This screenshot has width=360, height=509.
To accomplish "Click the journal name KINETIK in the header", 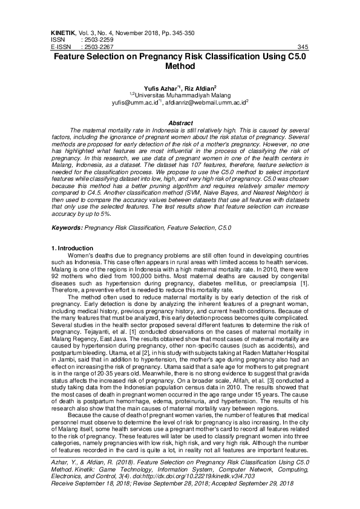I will (x=61, y=31).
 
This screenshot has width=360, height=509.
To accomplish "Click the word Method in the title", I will (x=180, y=68).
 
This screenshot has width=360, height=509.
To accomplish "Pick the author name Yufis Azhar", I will (x=160, y=88).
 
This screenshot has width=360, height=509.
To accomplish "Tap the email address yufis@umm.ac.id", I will (x=150, y=103).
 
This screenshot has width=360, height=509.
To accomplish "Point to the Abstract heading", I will (x=180, y=123).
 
